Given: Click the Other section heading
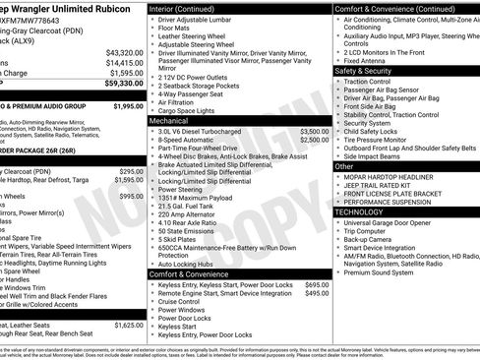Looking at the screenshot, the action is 344,166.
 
